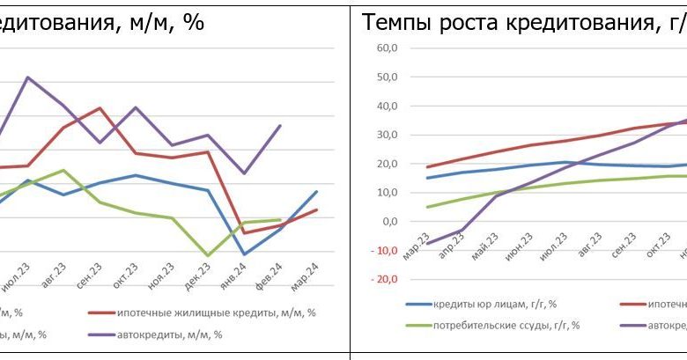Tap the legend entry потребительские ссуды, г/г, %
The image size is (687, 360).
point(506,325)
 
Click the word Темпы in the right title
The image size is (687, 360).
point(392,22)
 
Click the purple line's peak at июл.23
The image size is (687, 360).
point(27,77)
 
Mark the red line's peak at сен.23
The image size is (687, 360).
point(100,108)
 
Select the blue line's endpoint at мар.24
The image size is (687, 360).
point(316,192)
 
